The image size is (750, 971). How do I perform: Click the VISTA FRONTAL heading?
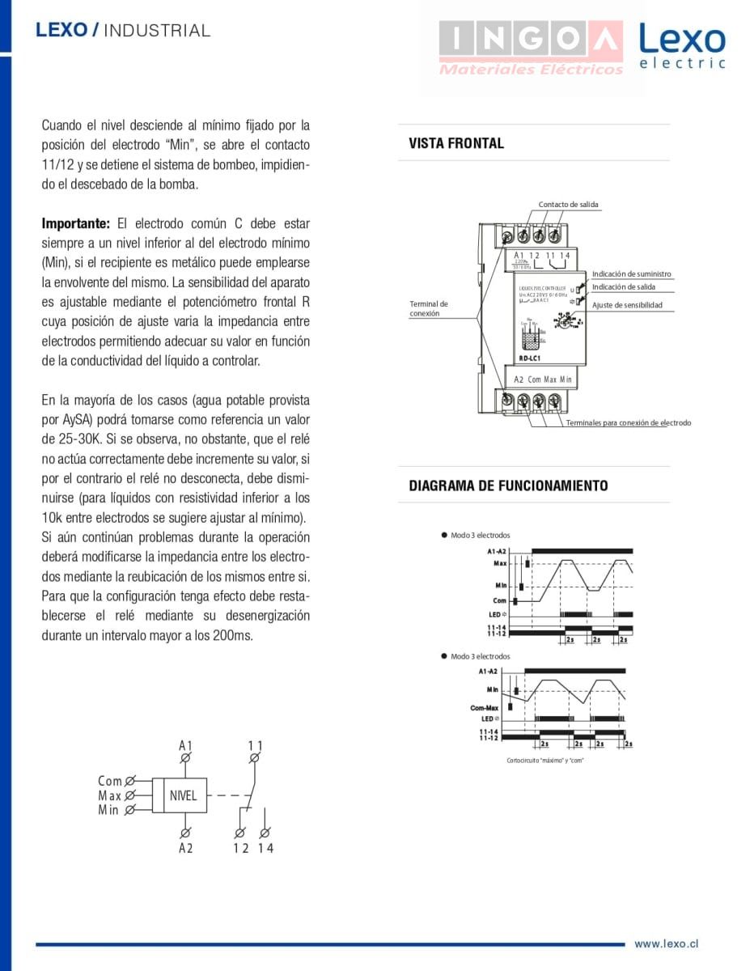tap(456, 144)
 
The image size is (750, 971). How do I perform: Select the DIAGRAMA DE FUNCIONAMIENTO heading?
tap(508, 486)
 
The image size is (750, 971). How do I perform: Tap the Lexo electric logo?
tap(681, 46)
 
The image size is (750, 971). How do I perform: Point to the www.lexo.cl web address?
tap(666, 943)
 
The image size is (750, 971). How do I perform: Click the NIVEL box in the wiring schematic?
tap(184, 795)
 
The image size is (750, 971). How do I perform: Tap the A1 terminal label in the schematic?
tap(186, 745)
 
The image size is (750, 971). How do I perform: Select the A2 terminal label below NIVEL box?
tap(186, 848)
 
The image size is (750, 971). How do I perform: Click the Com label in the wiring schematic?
tap(110, 781)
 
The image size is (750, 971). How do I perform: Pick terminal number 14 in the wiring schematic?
tap(265, 848)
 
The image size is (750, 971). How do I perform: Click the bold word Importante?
tap(75, 223)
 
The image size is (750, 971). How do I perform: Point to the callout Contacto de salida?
tap(568, 205)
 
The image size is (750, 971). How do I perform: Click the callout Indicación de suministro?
tap(631, 274)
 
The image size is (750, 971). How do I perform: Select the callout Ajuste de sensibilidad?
tap(626, 305)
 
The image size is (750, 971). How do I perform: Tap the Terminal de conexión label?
tap(428, 308)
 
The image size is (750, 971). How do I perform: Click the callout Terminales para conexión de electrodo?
tap(628, 422)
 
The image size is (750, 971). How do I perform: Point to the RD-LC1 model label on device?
tap(529, 358)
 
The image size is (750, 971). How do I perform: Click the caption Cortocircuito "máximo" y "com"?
tap(544, 760)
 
